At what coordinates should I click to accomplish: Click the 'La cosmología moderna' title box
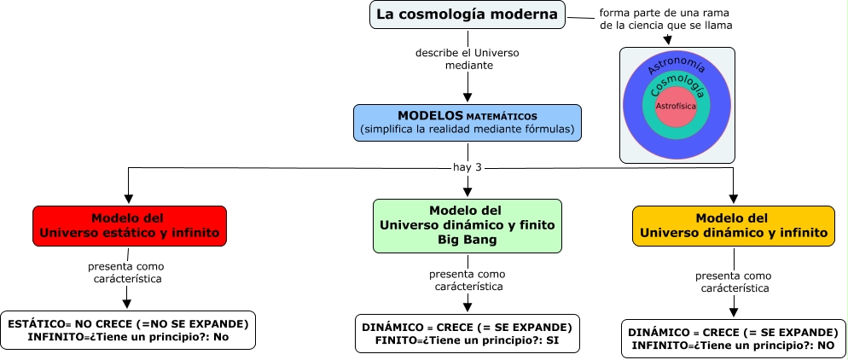pos(468,15)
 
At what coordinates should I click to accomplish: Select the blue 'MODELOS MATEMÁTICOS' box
pos(468,122)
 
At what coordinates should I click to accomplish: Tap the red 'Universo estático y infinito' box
pos(130,225)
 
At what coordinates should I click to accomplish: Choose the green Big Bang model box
pos(468,225)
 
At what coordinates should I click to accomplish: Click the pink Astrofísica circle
pos(676,107)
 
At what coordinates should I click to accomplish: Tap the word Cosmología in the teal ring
pos(677,84)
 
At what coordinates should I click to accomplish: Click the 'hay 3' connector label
pos(468,167)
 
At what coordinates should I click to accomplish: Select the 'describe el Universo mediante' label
pos(468,58)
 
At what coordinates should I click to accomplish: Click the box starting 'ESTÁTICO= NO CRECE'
pos(128,330)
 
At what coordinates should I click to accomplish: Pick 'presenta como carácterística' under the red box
pos(128,271)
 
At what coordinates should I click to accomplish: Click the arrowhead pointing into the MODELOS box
pos(468,98)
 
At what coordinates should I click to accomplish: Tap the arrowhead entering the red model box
pos(128,199)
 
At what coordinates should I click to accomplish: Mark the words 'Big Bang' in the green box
pos(468,240)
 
